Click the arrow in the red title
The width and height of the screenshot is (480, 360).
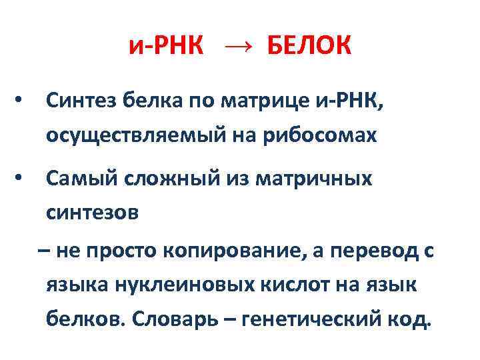tap(238, 47)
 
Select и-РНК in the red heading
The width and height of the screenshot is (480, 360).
tap(167, 47)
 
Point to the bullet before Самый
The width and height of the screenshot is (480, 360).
tap(23, 178)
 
